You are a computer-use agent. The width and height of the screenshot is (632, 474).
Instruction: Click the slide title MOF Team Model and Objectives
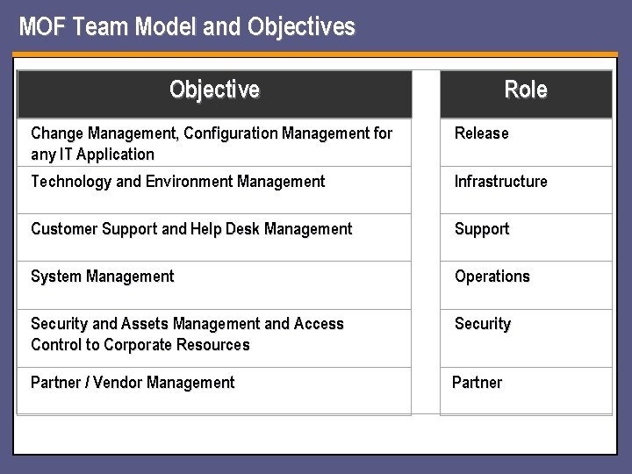pyautogui.click(x=187, y=27)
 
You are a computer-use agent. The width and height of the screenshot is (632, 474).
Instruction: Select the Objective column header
pyautogui.click(x=214, y=90)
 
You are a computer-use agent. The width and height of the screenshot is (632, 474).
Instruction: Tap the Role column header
pyautogui.click(x=525, y=90)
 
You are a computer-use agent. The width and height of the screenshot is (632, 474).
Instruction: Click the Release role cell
pyautogui.click(x=481, y=133)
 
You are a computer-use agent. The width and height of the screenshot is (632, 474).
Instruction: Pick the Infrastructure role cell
pyautogui.click(x=500, y=182)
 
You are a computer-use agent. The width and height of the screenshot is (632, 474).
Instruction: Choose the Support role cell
pyautogui.click(x=482, y=229)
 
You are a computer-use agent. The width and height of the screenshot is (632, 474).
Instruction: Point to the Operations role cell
pyautogui.click(x=492, y=276)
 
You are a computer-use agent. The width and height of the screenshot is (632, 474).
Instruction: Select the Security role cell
pyautogui.click(x=482, y=324)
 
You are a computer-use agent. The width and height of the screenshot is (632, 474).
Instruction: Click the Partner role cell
pyautogui.click(x=477, y=383)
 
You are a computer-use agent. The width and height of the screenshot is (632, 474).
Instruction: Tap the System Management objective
pyautogui.click(x=103, y=276)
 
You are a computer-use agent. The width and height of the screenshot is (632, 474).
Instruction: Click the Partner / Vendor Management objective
pyautogui.click(x=133, y=383)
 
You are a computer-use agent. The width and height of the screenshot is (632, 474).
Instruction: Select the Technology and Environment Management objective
pyautogui.click(x=177, y=182)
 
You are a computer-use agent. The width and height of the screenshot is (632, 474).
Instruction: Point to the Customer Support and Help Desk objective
pyautogui.click(x=191, y=229)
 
